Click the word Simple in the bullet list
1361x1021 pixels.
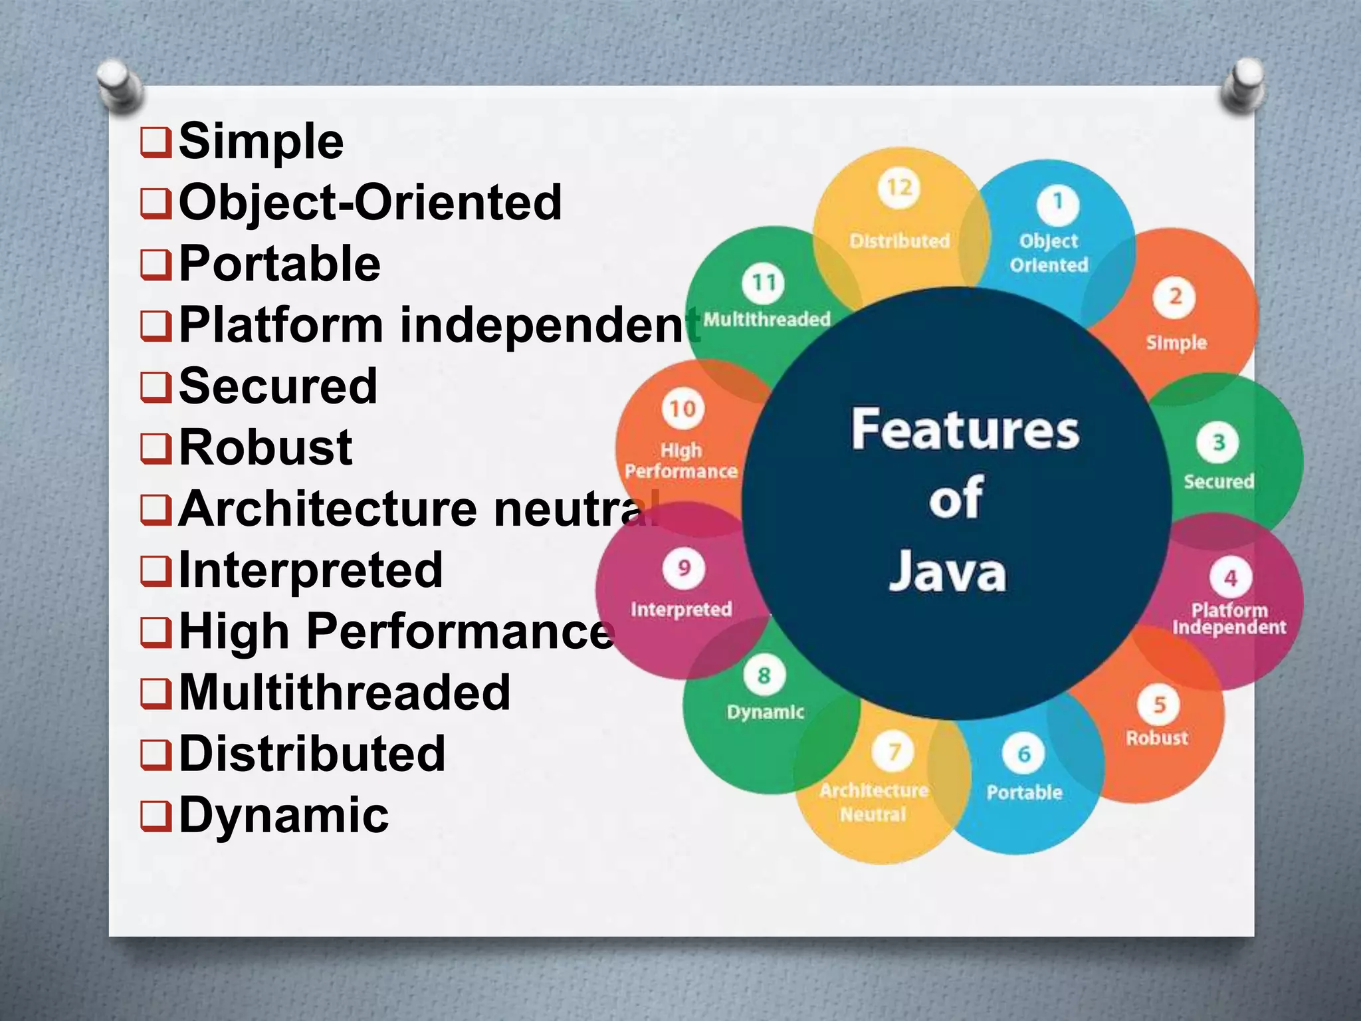pyautogui.click(x=261, y=142)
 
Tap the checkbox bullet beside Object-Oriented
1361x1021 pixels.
pyautogui.click(x=156, y=203)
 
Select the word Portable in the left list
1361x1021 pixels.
pyautogui.click(x=280, y=264)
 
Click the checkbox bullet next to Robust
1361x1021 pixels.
pyautogui.click(x=156, y=449)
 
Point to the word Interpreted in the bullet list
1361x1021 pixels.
pyautogui.click(x=311, y=570)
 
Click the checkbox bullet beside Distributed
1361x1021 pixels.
pyautogui.click(x=156, y=755)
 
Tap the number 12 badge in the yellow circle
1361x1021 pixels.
pyautogui.click(x=899, y=188)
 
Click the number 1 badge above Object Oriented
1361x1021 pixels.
pyautogui.click(x=1057, y=203)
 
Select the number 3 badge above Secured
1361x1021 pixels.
pyautogui.click(x=1217, y=443)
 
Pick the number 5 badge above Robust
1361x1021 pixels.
pyautogui.click(x=1160, y=705)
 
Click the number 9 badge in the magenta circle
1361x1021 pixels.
pyautogui.click(x=683, y=569)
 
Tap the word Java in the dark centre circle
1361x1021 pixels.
pyautogui.click(x=948, y=572)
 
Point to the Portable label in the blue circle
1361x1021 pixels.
pyautogui.click(x=1024, y=792)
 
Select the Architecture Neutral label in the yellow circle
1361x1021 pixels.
pyautogui.click(x=874, y=802)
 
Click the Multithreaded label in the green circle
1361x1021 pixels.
pyautogui.click(x=767, y=320)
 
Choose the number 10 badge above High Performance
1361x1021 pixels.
pyautogui.click(x=682, y=409)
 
